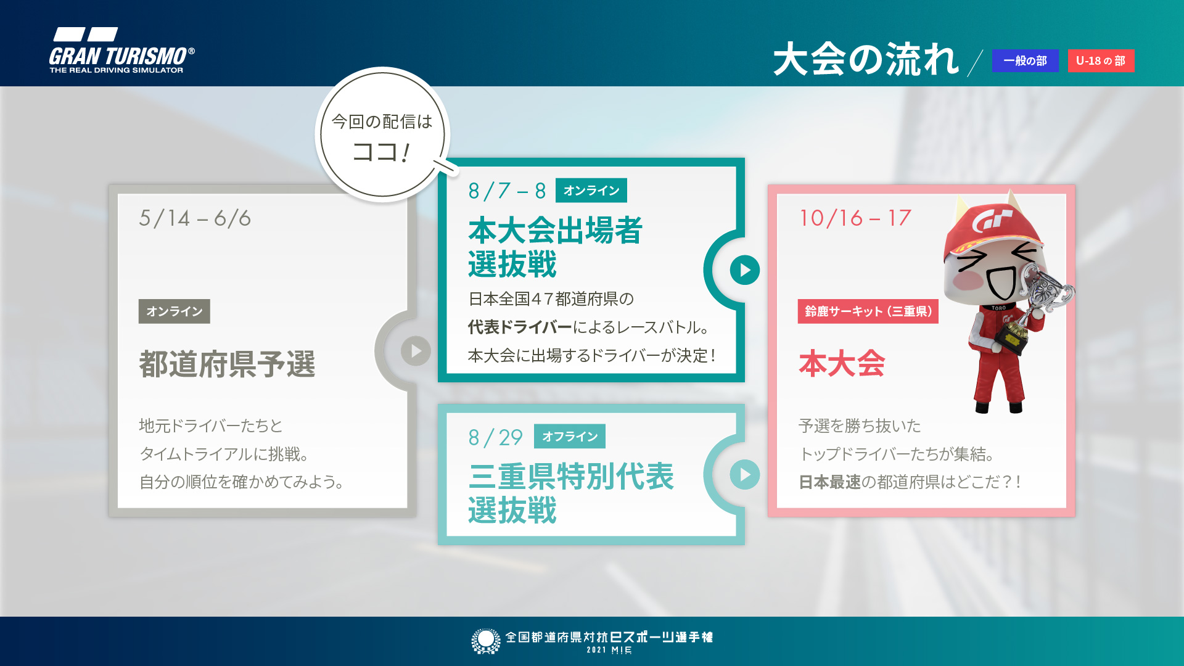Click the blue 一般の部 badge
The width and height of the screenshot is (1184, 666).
click(1025, 61)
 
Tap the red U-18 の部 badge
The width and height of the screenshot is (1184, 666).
click(1101, 61)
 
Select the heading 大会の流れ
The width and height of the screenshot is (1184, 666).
click(866, 60)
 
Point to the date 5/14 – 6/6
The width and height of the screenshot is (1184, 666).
click(195, 218)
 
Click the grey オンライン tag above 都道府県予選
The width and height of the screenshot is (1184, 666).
click(174, 311)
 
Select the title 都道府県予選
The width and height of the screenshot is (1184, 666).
click(227, 364)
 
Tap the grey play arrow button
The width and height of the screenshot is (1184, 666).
click(416, 351)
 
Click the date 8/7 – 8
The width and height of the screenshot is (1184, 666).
click(507, 191)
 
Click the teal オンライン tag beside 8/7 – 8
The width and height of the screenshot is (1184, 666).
click(591, 191)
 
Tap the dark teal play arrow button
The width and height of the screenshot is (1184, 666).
click(744, 270)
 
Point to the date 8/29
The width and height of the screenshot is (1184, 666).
click(495, 438)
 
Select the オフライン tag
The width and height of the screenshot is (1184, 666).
click(569, 437)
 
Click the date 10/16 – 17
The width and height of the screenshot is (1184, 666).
click(855, 218)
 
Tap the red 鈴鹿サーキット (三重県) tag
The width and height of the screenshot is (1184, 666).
click(868, 311)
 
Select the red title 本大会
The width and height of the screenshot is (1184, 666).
click(842, 364)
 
